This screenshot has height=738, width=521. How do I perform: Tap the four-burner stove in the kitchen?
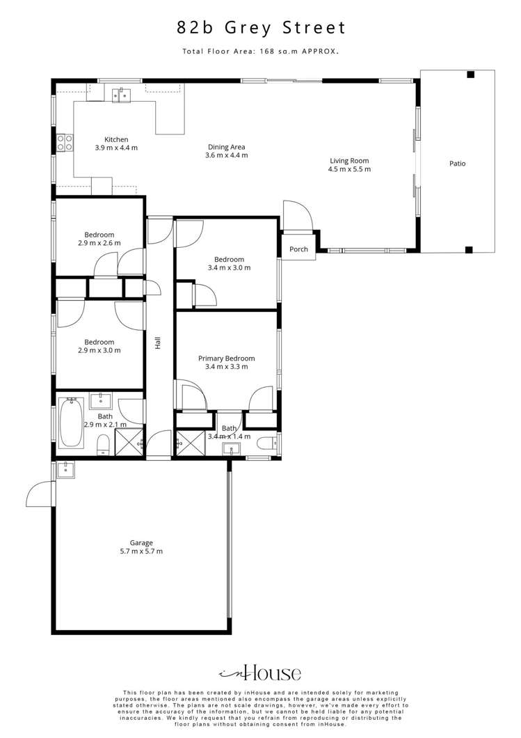(65, 143)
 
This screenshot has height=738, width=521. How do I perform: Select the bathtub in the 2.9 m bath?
(71, 423)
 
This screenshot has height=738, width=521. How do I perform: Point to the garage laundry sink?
(66, 469)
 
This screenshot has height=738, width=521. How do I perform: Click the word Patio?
(457, 164)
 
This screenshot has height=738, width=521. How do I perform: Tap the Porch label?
(298, 249)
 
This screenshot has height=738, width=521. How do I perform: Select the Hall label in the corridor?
(159, 343)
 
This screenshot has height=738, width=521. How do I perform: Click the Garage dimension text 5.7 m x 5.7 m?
(141, 551)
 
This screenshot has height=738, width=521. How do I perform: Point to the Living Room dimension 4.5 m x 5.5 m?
(350, 169)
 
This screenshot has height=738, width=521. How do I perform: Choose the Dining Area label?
(226, 147)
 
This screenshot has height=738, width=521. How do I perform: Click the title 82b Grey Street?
(261, 28)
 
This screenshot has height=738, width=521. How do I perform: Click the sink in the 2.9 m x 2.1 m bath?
(101, 400)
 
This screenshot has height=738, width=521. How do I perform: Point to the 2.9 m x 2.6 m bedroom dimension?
(99, 244)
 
